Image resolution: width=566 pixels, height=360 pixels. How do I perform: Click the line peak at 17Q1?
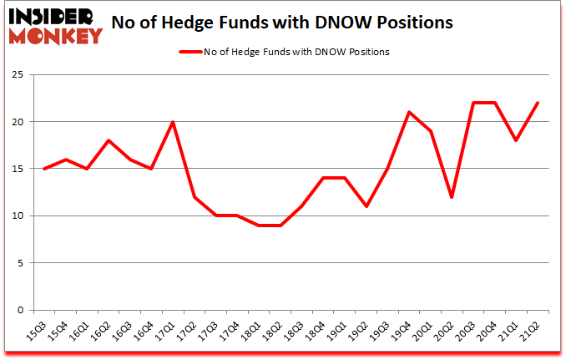[174, 122]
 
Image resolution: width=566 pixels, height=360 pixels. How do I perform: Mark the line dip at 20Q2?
[452, 197]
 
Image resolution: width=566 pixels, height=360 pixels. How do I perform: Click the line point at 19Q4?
[408, 113]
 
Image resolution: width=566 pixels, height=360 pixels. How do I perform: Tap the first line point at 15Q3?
[43, 169]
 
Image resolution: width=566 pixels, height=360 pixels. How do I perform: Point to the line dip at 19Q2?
[365, 206]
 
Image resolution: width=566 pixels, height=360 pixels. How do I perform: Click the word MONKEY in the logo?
[55, 35]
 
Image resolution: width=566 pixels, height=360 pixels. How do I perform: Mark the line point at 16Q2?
[109, 140]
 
